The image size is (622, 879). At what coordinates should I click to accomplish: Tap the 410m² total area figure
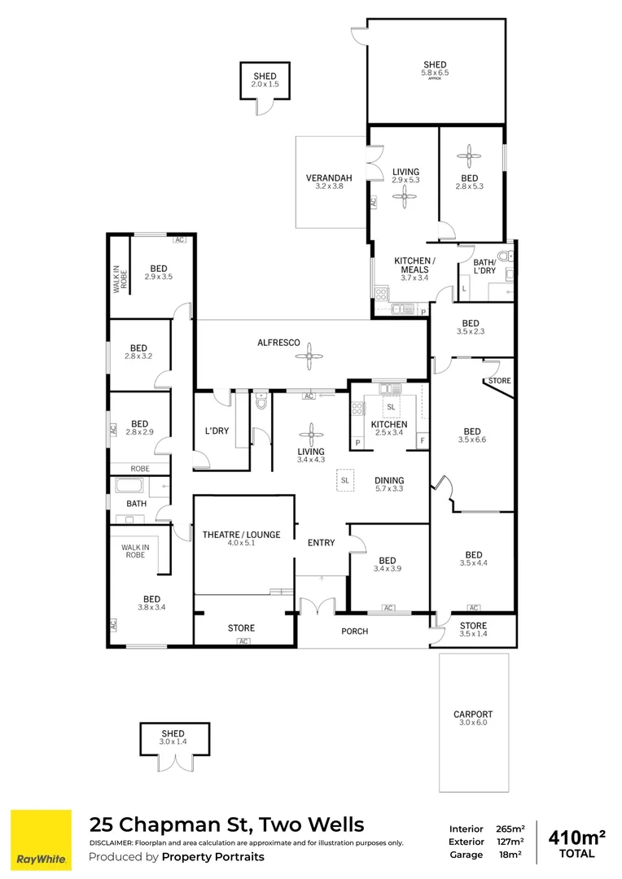click(577, 836)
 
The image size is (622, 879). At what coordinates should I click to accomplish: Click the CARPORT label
click(473, 715)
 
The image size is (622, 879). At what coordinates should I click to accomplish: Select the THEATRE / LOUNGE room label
click(241, 535)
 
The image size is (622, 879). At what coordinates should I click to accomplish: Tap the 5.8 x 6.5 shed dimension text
click(436, 72)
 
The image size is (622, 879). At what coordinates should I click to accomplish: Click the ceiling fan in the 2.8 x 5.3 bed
click(469, 155)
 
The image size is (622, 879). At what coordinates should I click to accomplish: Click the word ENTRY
click(321, 543)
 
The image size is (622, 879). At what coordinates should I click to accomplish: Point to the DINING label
click(389, 480)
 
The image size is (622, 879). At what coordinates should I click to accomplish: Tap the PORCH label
click(354, 631)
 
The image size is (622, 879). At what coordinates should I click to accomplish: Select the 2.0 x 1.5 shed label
click(265, 85)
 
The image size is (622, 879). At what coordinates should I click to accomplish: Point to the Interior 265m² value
click(510, 829)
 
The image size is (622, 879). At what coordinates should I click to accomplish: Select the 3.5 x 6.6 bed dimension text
click(471, 440)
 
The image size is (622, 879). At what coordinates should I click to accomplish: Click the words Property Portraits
click(213, 856)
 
